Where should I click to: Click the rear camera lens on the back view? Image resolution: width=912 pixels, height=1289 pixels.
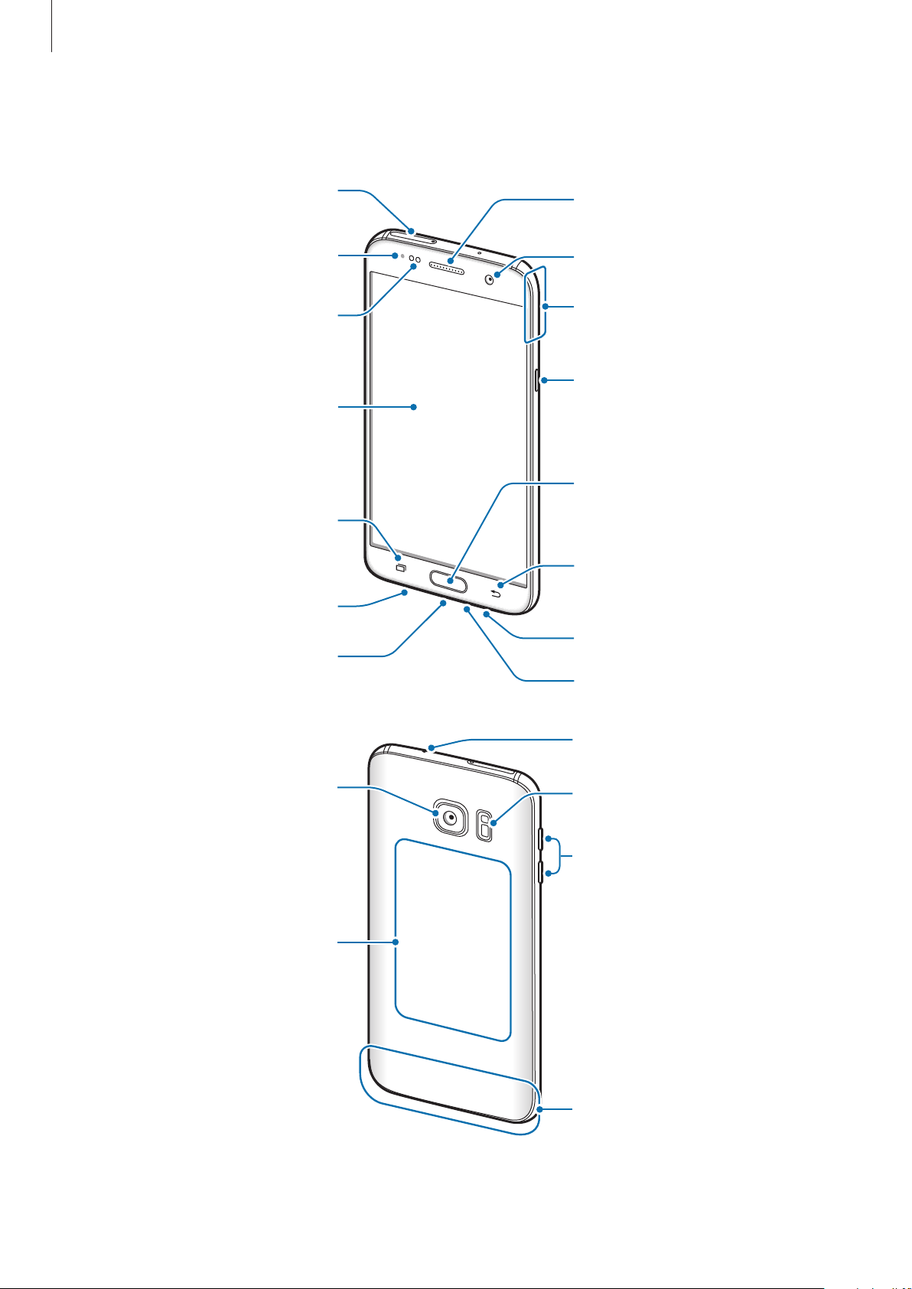tap(451, 816)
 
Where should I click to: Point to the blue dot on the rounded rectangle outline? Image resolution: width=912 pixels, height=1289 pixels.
tap(396, 942)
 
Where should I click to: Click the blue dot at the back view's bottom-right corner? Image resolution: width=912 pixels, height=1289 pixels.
tap(540, 1108)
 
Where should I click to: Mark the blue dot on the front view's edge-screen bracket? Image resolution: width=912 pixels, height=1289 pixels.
tap(544, 307)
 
